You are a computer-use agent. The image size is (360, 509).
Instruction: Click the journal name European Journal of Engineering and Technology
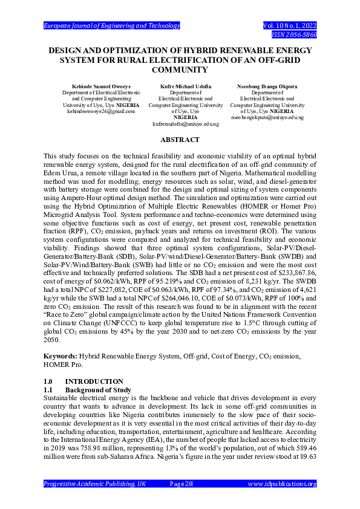pyautogui.click(x=112, y=25)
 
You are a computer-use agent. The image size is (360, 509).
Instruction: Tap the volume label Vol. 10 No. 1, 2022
pyautogui.click(x=290, y=25)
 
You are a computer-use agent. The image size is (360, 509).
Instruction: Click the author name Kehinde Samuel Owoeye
pyautogui.click(x=101, y=86)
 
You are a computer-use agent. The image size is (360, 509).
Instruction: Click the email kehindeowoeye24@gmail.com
pyautogui.click(x=101, y=111)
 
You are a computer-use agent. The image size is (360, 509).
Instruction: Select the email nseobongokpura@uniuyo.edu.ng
pyautogui.click(x=267, y=117)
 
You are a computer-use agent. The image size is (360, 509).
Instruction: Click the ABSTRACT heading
pyautogui.click(x=180, y=139)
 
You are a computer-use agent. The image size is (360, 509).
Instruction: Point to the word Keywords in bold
pyautogui.click(x=59, y=357)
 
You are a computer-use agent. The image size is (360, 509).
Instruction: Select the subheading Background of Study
pyautogui.click(x=98, y=391)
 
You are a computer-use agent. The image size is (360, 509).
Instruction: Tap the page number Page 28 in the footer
pyautogui.click(x=180, y=484)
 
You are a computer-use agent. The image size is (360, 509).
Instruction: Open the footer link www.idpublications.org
pyautogui.click(x=283, y=484)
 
